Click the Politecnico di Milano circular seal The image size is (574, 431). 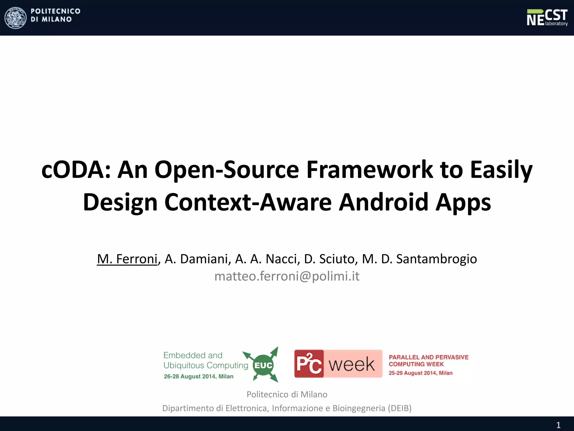[16, 18]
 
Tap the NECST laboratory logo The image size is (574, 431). [547, 17]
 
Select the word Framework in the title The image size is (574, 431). [370, 170]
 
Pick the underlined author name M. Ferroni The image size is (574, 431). [127, 259]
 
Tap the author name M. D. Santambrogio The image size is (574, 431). [419, 259]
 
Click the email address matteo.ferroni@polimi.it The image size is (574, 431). [287, 276]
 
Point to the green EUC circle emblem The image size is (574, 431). [263, 365]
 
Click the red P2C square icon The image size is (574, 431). [309, 364]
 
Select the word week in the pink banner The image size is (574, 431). [351, 364]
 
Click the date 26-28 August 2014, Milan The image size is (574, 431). [198, 377]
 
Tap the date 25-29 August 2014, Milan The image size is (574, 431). [420, 373]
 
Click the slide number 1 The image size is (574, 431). [558, 425]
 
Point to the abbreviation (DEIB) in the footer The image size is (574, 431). [400, 408]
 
